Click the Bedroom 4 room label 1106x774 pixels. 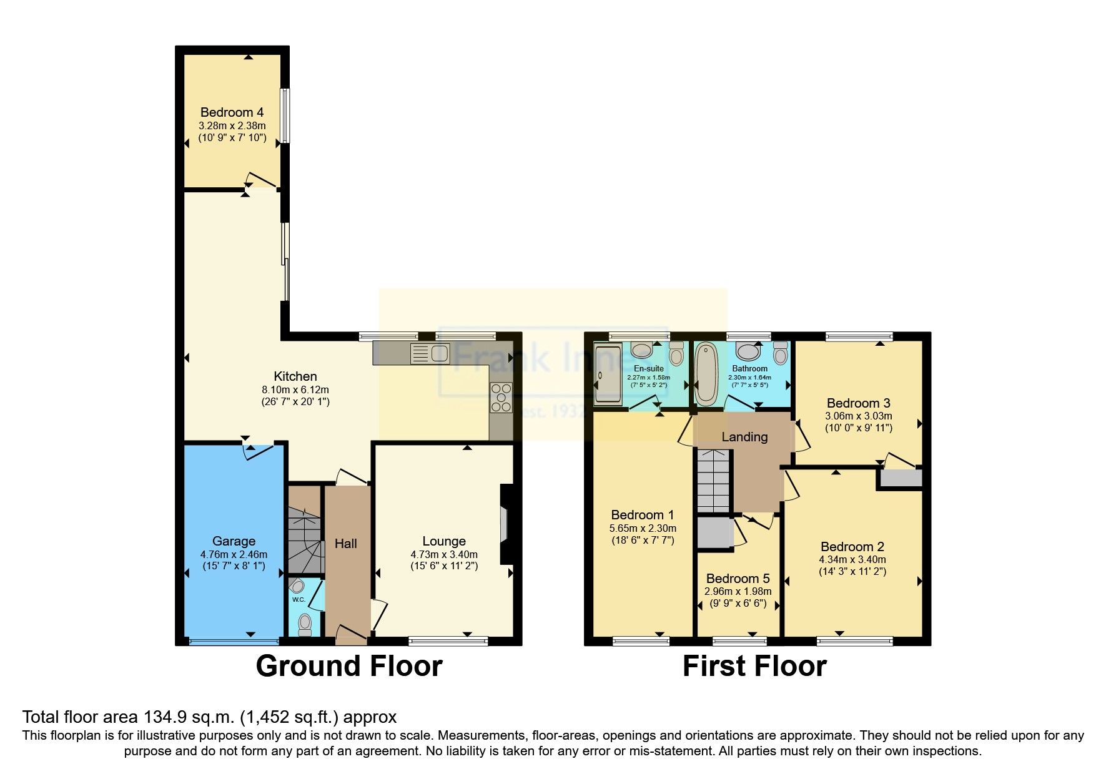(232, 112)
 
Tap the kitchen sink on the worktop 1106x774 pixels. (430, 354)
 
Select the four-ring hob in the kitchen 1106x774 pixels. (501, 397)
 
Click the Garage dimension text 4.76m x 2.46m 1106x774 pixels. (234, 554)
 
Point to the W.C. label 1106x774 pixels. (299, 600)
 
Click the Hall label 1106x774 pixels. (345, 544)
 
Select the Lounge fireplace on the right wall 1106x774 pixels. (505, 524)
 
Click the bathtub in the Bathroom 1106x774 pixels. (706, 374)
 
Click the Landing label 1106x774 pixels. (744, 437)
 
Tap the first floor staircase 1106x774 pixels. (713, 480)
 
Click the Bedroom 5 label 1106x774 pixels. (738, 579)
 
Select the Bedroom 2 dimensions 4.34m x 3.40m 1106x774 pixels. (852, 560)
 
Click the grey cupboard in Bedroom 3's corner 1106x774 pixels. (900, 479)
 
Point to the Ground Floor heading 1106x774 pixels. (349, 666)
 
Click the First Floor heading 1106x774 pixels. (754, 666)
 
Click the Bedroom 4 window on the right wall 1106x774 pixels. (284, 115)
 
